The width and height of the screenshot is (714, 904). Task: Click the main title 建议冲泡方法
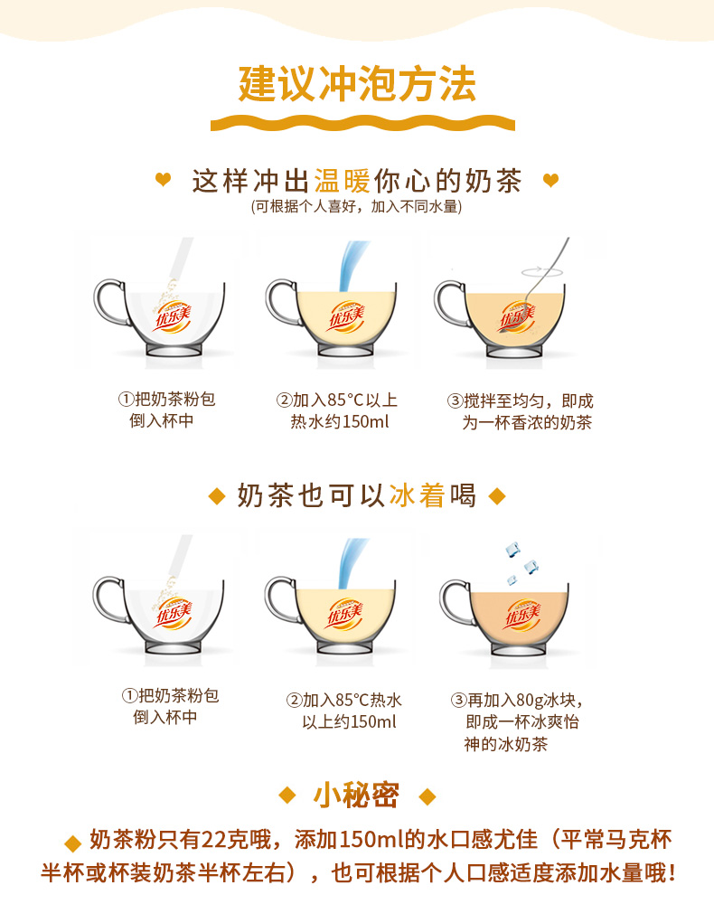357,85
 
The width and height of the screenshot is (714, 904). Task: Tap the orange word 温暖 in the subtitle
343,181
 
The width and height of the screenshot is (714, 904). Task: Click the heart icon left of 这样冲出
163,179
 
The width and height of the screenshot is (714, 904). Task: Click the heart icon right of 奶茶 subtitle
551,181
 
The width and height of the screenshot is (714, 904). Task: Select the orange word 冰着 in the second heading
417,495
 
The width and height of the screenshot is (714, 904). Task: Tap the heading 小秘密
356,796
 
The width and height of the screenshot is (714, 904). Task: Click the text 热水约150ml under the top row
340,422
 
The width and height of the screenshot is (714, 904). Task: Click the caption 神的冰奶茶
505,744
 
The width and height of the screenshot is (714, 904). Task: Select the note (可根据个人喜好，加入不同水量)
357,206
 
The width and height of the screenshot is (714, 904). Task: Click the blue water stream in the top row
352,266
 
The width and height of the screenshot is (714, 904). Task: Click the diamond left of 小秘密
287,796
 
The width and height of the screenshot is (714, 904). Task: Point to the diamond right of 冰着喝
497,495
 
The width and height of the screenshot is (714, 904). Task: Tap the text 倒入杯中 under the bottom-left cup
165,717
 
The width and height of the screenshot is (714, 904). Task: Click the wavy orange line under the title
362,123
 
